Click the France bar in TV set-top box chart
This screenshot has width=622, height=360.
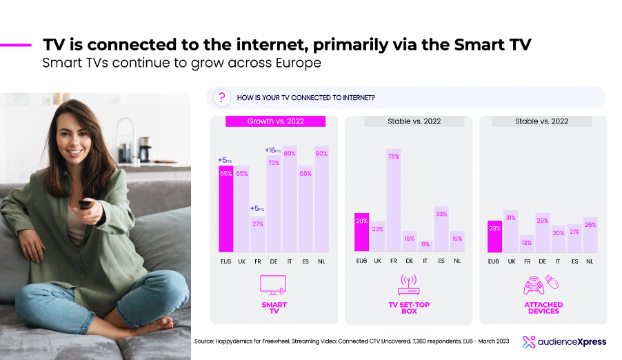(x=393, y=200)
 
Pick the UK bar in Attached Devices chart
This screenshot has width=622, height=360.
(x=510, y=231)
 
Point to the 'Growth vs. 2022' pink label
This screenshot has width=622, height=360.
(x=276, y=121)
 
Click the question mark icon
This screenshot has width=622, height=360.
(x=221, y=98)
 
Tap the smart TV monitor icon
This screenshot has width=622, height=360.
(x=274, y=284)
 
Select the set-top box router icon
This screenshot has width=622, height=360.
(x=409, y=284)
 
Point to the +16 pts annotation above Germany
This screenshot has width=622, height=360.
(x=273, y=150)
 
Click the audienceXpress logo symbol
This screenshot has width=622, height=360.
(x=529, y=341)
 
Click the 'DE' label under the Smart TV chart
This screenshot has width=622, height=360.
(x=274, y=261)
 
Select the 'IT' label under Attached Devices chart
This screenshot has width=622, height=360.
(x=559, y=261)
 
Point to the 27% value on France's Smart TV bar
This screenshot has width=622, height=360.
(x=258, y=223)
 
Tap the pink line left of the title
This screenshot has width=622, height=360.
(x=16, y=45)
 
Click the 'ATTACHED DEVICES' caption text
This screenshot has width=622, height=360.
(x=543, y=308)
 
